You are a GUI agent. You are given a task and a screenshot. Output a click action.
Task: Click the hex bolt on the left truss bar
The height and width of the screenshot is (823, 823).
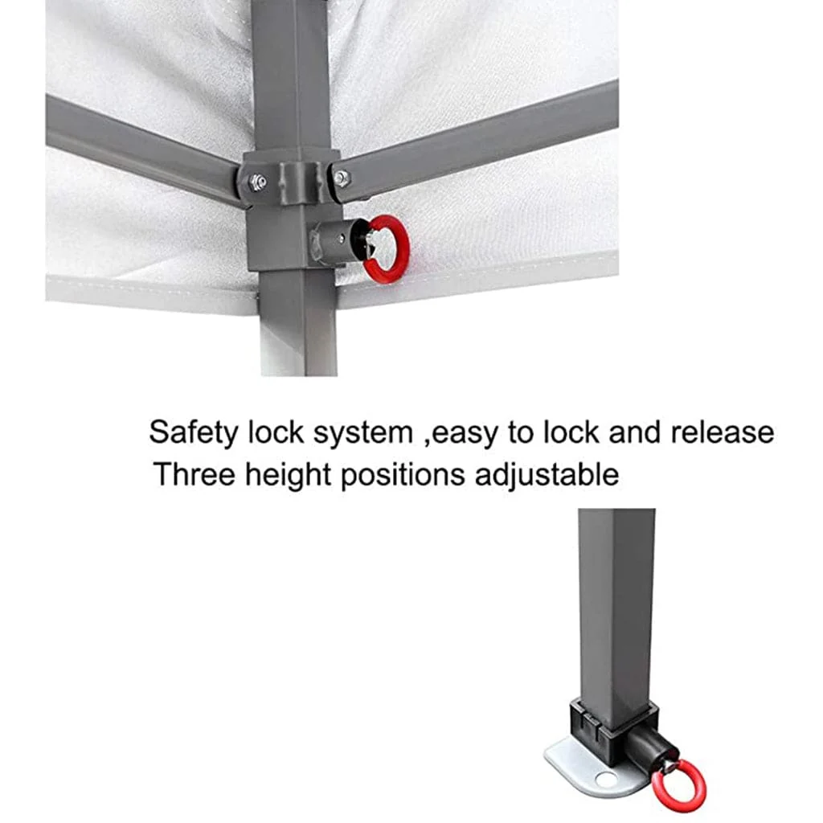(x=258, y=182)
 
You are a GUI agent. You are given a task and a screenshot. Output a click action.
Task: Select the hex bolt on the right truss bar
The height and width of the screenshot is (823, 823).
(x=341, y=178)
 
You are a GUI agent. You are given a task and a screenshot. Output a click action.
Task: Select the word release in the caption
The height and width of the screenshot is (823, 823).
(x=723, y=432)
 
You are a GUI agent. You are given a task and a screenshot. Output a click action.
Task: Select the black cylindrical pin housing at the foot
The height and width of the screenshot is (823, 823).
(x=649, y=747)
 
